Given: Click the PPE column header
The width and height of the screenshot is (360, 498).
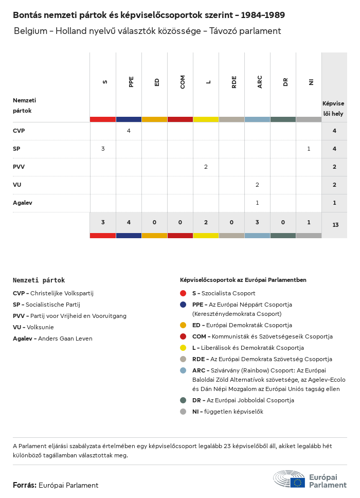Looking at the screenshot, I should click(x=131, y=82).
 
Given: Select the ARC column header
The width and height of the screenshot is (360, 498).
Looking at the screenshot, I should click(x=260, y=82).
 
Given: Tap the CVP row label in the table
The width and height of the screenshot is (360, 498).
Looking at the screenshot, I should click(x=19, y=131).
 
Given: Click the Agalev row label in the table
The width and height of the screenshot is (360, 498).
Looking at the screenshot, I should click(x=23, y=203).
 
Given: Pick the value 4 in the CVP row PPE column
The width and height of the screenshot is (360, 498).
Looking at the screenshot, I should click(x=129, y=131).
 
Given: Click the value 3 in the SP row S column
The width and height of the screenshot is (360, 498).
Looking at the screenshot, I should click(x=103, y=149).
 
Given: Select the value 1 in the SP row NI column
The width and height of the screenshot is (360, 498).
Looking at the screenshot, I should click(x=309, y=149).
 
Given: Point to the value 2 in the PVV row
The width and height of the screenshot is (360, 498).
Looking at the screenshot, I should click(x=206, y=167).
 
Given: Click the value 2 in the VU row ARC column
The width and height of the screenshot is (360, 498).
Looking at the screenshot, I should click(x=257, y=185).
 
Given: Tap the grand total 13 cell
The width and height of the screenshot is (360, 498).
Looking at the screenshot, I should click(x=335, y=224).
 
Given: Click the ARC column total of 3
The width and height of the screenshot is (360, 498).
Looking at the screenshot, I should click(x=257, y=222).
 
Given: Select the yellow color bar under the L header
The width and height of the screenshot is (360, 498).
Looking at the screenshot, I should click(x=206, y=119).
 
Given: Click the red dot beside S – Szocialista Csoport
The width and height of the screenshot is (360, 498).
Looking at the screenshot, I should click(x=183, y=293).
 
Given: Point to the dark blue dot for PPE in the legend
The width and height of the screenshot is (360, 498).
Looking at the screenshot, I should click(x=183, y=305).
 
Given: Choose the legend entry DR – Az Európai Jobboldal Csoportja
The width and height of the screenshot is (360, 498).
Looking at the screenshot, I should click(x=243, y=400).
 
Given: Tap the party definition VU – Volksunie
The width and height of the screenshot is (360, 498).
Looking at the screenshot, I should click(x=33, y=327).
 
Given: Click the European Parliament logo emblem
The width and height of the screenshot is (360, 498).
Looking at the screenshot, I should click(x=290, y=479).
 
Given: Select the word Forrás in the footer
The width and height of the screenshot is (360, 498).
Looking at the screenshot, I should click(x=24, y=485).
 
